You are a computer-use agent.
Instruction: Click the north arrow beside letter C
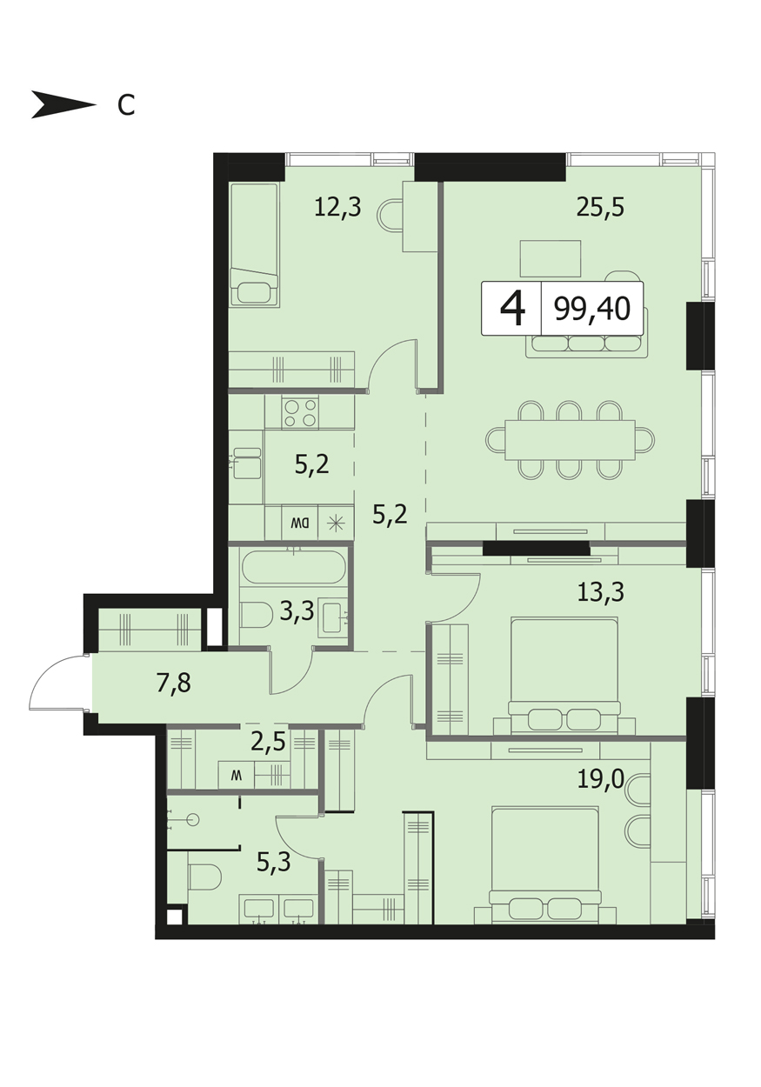[63, 104]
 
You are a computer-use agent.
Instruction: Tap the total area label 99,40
[592, 309]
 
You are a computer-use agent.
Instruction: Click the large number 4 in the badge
[512, 309]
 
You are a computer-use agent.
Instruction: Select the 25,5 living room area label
[600, 207]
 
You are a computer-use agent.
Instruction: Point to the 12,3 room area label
[337, 207]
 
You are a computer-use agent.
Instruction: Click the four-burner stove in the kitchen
[301, 412]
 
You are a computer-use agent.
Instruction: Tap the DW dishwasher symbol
[300, 523]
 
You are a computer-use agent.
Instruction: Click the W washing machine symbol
[236, 776]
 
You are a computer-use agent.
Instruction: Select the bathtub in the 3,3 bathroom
[294, 566]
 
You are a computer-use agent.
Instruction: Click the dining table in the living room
[570, 440]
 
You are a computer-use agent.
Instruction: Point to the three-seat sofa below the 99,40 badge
[587, 344]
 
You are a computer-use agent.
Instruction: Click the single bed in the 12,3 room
[254, 244]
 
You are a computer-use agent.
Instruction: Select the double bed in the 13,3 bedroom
[564, 676]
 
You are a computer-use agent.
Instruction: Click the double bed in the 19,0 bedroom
[545, 864]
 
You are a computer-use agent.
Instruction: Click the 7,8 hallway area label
[173, 684]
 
